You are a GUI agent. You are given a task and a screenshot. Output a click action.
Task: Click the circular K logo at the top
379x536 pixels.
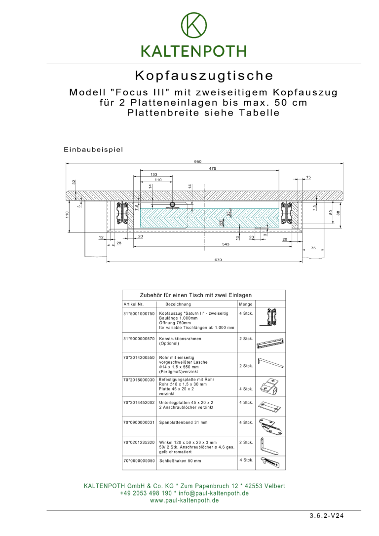point(193,26)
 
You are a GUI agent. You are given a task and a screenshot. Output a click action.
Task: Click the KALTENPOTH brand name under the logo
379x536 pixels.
point(193,51)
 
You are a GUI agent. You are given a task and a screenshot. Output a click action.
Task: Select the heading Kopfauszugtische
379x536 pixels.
point(204,76)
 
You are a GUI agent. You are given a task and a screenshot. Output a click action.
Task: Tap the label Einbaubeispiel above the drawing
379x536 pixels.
point(93,149)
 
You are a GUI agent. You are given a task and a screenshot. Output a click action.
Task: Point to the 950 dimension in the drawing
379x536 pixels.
point(198,162)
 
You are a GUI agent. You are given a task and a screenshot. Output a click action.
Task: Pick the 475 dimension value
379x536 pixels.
point(213,168)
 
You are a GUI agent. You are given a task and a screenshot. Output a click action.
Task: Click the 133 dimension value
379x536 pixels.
point(154,175)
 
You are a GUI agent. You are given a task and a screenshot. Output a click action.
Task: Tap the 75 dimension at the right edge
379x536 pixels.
point(313,248)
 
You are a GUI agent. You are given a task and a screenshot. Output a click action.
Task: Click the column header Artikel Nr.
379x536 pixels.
point(134,304)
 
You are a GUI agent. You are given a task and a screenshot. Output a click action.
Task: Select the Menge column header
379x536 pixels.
point(245,304)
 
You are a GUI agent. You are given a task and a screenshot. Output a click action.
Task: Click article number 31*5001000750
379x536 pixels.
point(139,313)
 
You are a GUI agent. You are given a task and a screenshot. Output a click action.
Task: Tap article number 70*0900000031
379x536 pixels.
point(139,422)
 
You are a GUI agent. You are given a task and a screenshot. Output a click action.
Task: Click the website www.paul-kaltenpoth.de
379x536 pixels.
point(184,500)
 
